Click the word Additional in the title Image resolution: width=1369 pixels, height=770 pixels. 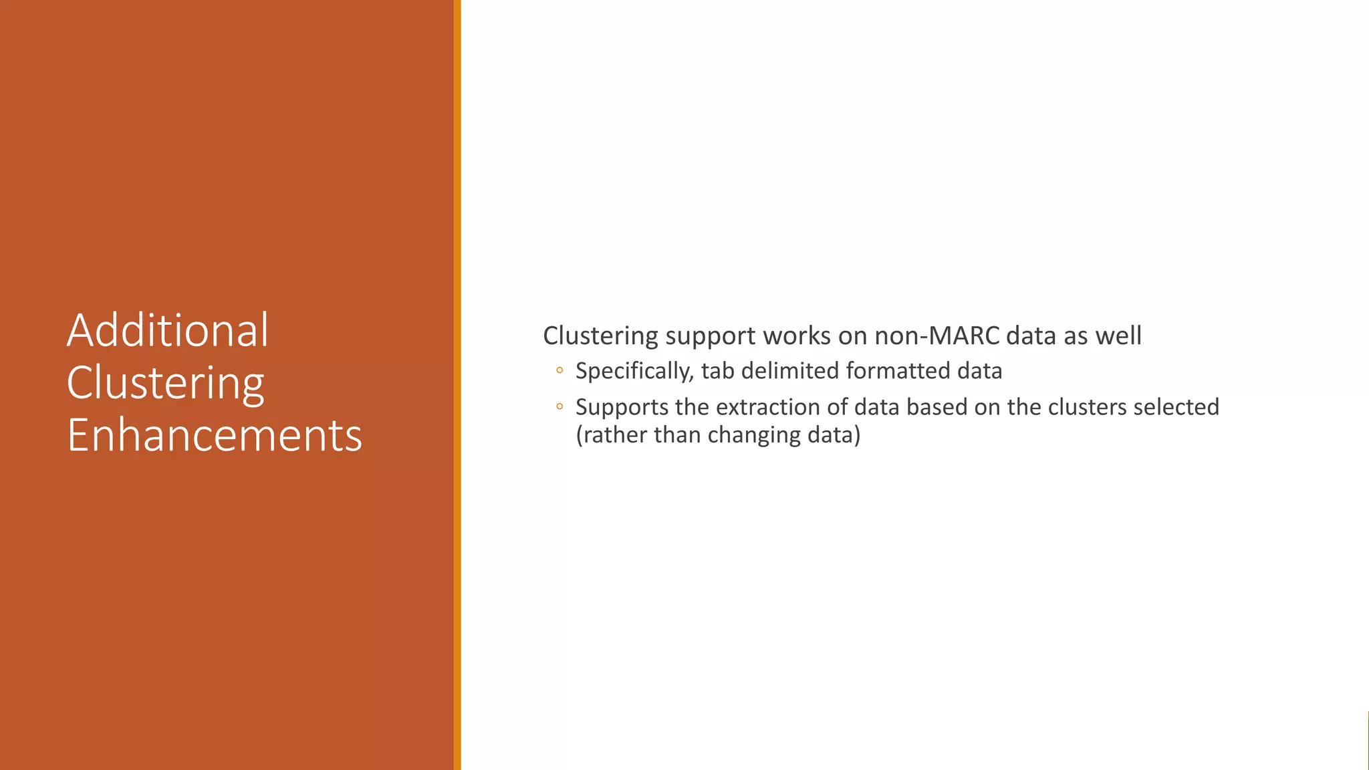click(168, 330)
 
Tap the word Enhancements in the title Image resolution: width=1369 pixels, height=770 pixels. click(215, 435)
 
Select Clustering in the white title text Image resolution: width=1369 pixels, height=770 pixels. click(166, 384)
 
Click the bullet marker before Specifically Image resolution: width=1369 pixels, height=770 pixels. click(559, 370)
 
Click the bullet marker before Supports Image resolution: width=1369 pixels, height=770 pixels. click(559, 406)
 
